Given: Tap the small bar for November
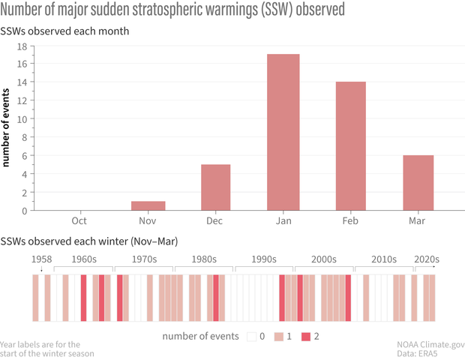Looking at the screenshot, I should pos(148,205).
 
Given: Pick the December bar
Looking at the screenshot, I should pos(216,187).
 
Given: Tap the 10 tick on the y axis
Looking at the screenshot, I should pos(22,118).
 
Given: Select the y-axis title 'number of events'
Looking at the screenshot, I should pos(7,127).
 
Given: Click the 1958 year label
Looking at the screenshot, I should pos(43,259).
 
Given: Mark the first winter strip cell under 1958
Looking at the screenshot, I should pos(35,298).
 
